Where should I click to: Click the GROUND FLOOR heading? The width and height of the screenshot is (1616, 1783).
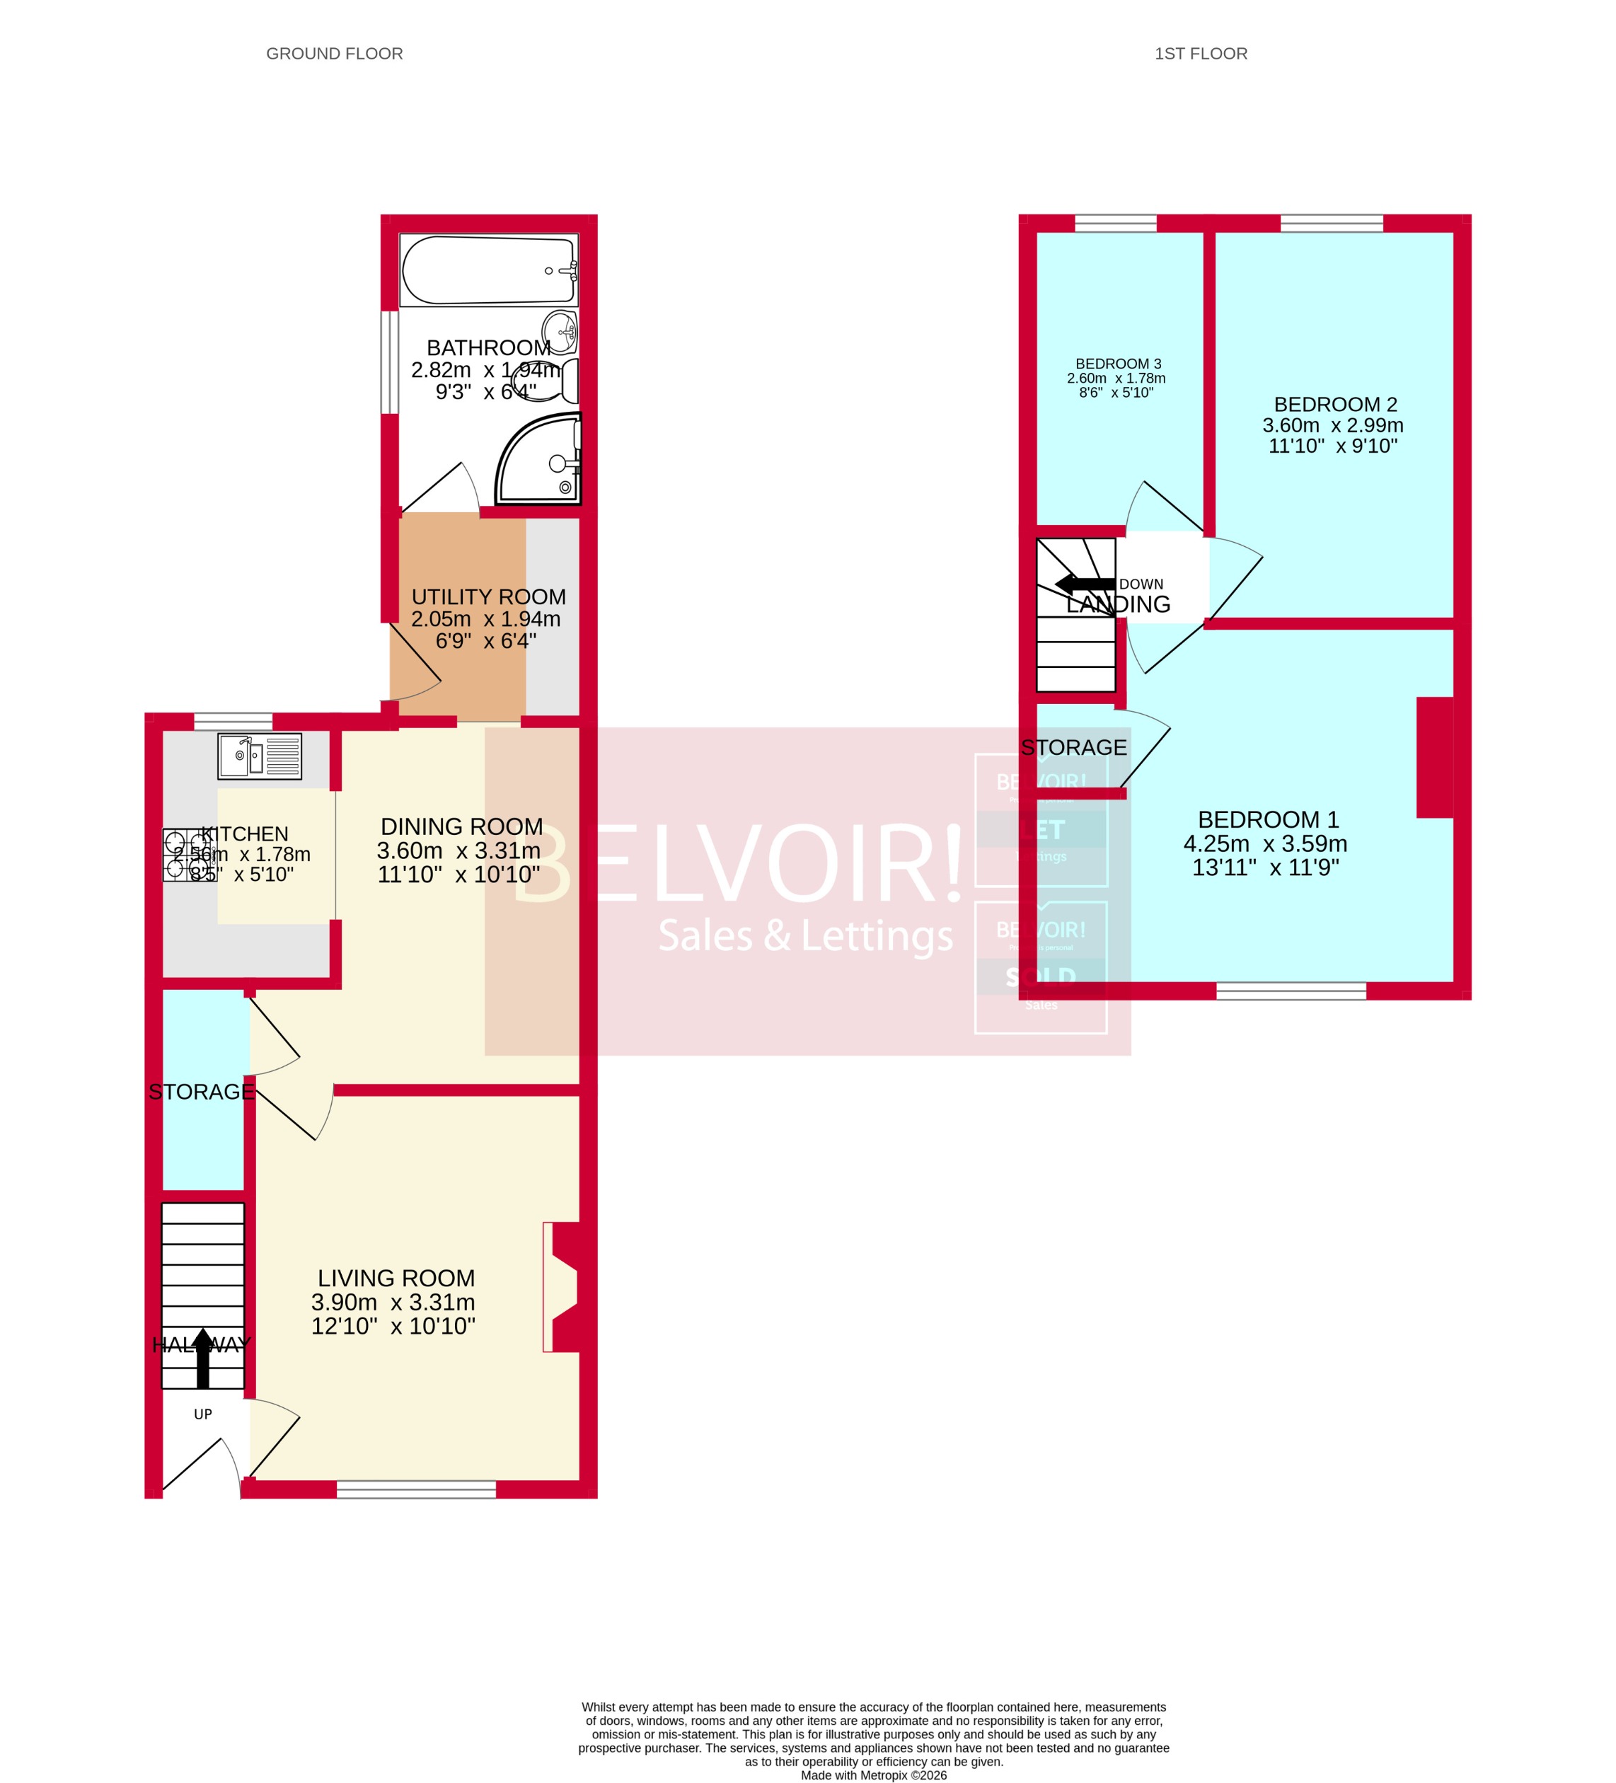coord(335,54)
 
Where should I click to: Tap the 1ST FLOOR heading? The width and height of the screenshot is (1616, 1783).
coord(1200,54)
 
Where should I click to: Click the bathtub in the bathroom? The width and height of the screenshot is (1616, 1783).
coord(488,270)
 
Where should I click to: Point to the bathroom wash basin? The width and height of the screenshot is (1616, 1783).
coord(560,331)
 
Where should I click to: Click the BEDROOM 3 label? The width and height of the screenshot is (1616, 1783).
coord(1118,364)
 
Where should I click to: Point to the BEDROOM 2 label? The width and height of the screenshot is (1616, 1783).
coord(1334,404)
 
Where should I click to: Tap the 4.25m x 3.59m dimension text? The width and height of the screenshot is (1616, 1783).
coord(1265,843)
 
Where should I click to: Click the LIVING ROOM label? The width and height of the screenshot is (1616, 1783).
coord(396,1278)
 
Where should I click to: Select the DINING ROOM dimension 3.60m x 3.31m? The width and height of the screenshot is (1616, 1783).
coord(458,850)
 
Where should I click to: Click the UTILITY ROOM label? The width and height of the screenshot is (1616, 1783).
coord(488,597)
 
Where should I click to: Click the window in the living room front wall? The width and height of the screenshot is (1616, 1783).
coord(416,1489)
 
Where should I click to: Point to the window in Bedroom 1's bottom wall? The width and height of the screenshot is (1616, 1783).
coord(1291,991)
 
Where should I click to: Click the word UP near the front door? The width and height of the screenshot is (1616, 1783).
coord(202,1414)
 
